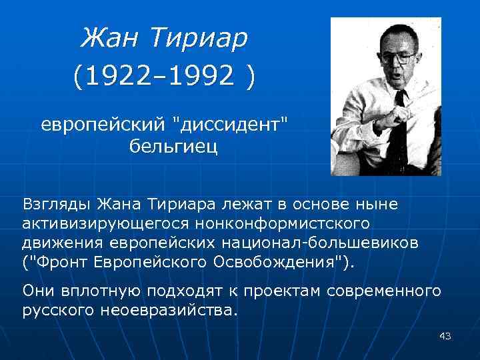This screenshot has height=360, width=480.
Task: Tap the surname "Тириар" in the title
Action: point(199,38)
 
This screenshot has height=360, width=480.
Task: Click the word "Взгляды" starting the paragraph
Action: point(57,201)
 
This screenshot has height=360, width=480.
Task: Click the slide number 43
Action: point(445,337)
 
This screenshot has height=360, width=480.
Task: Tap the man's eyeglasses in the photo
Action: point(398,58)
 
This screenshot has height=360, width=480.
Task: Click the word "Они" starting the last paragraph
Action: point(39,291)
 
